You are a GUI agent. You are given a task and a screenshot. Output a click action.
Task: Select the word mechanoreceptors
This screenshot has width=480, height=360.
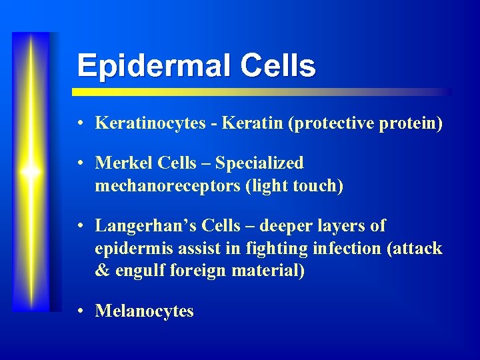pos(168,186)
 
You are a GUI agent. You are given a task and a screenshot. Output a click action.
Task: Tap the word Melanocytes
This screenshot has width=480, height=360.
pos(145,311)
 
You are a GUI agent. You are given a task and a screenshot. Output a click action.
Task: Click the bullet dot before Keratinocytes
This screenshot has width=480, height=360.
pos(79,124)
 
